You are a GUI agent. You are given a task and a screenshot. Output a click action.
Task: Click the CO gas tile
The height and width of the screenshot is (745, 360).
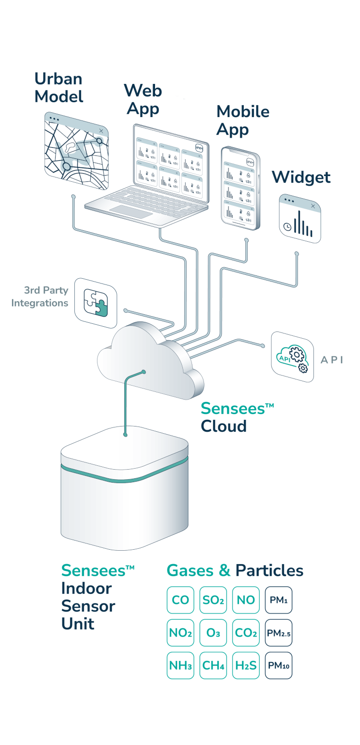pyautogui.click(x=180, y=600)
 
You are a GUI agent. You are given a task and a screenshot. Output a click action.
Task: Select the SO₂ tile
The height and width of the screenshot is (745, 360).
pyautogui.click(x=213, y=600)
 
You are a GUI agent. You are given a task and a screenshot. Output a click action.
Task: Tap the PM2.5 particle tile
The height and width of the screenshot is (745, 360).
pyautogui.click(x=278, y=633)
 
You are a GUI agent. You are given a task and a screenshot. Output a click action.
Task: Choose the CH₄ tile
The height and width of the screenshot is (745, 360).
pyautogui.click(x=213, y=665)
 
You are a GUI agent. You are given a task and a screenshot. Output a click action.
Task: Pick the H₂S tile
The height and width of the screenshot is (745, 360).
pyautogui.click(x=246, y=665)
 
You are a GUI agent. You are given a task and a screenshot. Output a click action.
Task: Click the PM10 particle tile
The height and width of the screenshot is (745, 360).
pyautogui.click(x=278, y=665)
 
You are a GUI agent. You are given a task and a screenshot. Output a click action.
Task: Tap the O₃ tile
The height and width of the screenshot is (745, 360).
pyautogui.click(x=213, y=633)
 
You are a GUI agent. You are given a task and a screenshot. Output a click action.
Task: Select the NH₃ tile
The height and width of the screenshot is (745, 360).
pyautogui.click(x=180, y=665)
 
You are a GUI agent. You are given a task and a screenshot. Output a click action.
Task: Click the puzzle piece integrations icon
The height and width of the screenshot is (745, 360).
pyautogui.click(x=96, y=303)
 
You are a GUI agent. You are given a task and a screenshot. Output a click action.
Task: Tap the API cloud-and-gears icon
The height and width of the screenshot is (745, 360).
pyautogui.click(x=292, y=358)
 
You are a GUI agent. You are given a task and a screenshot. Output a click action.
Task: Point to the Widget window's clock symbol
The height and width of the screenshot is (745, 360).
pyautogui.click(x=287, y=227)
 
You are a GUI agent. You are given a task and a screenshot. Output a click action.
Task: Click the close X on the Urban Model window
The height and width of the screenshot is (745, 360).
pyautogui.click(x=101, y=131)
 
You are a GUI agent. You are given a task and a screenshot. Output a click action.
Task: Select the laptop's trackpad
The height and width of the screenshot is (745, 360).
pyautogui.click(x=132, y=212)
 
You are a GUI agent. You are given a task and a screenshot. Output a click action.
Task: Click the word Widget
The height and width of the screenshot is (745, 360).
pyautogui.click(x=301, y=177)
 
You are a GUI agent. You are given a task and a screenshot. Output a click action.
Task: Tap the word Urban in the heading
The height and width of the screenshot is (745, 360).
pyautogui.click(x=59, y=79)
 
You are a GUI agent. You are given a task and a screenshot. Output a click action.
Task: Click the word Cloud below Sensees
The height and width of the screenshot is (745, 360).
pyautogui.click(x=224, y=426)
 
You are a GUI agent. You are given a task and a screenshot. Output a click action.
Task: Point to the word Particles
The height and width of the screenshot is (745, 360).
pyautogui.click(x=269, y=571)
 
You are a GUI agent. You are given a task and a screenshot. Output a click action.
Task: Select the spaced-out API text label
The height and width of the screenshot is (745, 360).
pyautogui.click(x=332, y=360)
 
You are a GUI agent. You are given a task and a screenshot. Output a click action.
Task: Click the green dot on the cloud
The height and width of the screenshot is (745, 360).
pyautogui.click(x=144, y=372)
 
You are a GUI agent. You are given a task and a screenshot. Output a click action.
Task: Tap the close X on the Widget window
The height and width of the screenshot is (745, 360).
pyautogui.click(x=313, y=206)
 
